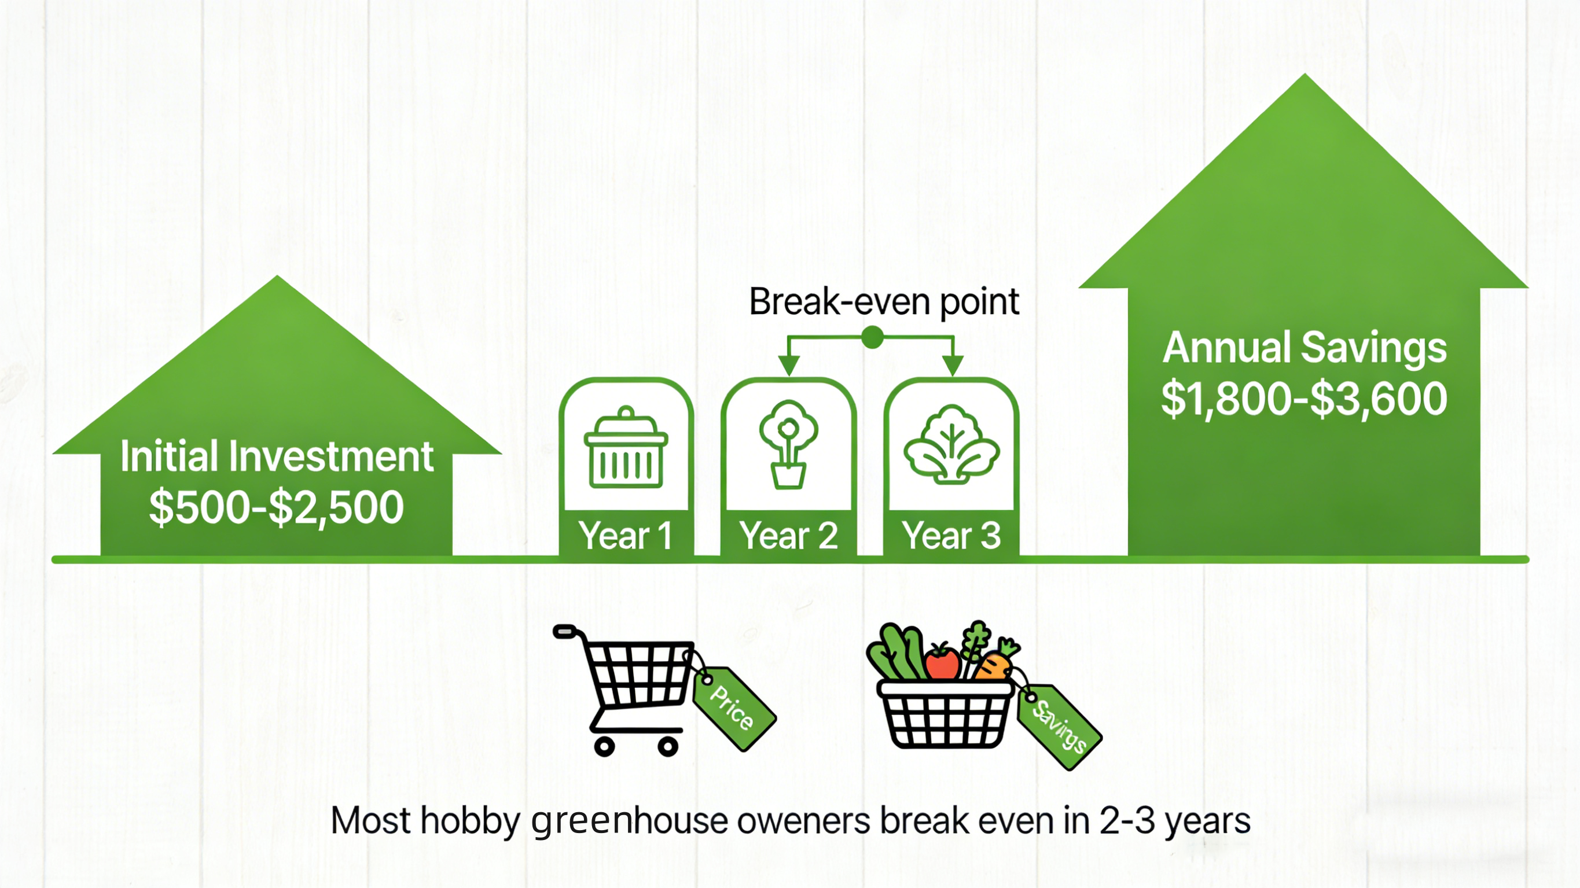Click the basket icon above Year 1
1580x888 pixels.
coord(626,447)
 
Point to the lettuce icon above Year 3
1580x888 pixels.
coord(951,444)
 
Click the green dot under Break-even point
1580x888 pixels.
coord(872,337)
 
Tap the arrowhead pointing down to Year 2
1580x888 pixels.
coord(789,366)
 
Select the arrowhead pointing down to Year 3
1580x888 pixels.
coord(953,366)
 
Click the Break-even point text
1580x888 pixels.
coord(884,302)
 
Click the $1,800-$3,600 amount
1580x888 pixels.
coord(1304,399)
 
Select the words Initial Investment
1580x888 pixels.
coord(277,456)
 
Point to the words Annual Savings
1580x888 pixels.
coord(1305,348)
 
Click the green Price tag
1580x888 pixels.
coord(734,708)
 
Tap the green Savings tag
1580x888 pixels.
coord(1059,727)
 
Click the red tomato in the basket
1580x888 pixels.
coord(942,661)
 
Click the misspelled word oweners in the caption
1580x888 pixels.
coord(803,820)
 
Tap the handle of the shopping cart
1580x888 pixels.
coord(565,631)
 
